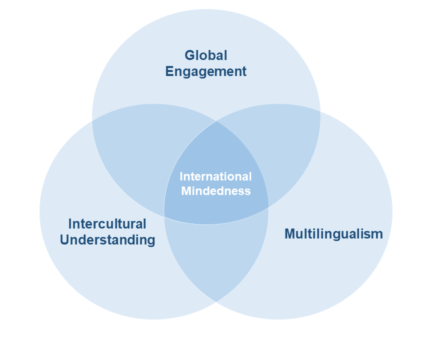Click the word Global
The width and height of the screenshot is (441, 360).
click(x=206, y=55)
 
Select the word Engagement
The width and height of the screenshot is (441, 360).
click(x=206, y=71)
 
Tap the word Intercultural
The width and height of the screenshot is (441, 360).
click(x=107, y=224)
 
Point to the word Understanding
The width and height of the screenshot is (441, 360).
click(x=107, y=240)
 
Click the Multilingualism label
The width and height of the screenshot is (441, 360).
click(x=333, y=234)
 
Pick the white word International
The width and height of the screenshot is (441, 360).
click(x=215, y=176)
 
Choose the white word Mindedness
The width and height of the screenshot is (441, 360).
click(x=215, y=191)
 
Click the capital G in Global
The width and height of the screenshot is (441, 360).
click(x=190, y=55)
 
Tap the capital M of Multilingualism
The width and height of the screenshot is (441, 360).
click(x=291, y=233)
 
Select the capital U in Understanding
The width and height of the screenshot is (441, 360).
click(x=65, y=240)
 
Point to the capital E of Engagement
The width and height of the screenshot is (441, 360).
click(x=169, y=71)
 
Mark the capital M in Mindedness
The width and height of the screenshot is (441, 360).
click(x=187, y=191)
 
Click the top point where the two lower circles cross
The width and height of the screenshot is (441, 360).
click(x=216, y=121)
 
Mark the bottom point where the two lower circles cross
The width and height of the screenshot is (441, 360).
click(x=216, y=302)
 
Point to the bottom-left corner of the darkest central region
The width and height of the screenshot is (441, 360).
click(x=164, y=217)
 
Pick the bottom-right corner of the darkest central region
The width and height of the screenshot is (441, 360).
click(x=268, y=208)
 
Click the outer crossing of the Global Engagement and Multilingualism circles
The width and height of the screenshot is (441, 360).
click(x=320, y=111)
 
